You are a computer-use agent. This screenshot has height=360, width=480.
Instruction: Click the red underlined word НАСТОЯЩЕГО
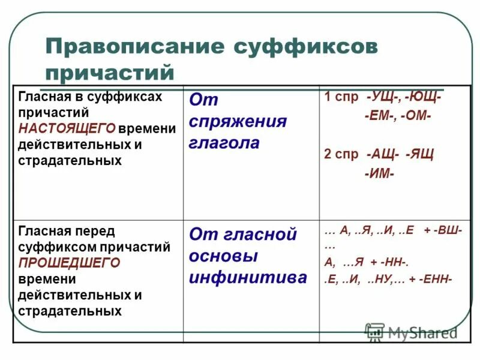(x=66, y=128)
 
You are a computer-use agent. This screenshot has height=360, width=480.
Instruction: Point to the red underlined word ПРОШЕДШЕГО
(x=69, y=263)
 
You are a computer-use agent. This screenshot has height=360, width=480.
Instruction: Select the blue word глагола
(x=224, y=143)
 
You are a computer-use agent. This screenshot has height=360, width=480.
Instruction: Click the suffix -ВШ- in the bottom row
(x=449, y=233)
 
